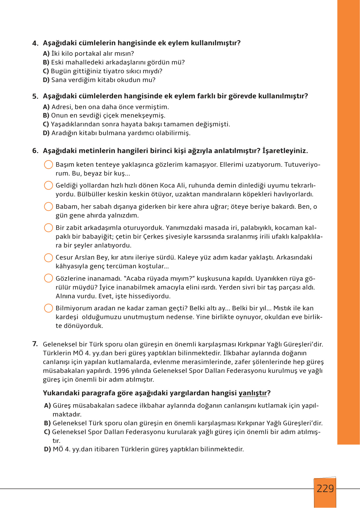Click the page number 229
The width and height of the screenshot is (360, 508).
[x=325, y=488]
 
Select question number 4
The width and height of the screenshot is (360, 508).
[x=35, y=43]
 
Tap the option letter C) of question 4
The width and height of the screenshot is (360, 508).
[x=46, y=71]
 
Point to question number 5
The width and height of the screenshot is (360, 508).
[x=35, y=96]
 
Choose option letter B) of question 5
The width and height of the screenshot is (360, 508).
[x=46, y=116]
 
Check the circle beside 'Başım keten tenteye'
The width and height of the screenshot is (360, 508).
[x=48, y=164]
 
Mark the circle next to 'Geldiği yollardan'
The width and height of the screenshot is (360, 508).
[x=48, y=185]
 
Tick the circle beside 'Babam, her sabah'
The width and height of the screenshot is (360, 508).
[x=48, y=206]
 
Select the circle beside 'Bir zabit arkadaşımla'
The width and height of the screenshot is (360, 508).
[x=48, y=228]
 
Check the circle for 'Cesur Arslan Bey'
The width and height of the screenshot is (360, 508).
[x=48, y=258]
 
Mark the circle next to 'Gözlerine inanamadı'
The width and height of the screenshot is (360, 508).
[x=48, y=278]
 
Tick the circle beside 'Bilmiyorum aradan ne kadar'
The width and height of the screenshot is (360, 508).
[x=48, y=308]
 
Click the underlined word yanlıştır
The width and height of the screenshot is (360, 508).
[x=253, y=393]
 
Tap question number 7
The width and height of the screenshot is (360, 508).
[x=35, y=344]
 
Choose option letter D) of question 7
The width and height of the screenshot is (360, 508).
[x=48, y=449]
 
